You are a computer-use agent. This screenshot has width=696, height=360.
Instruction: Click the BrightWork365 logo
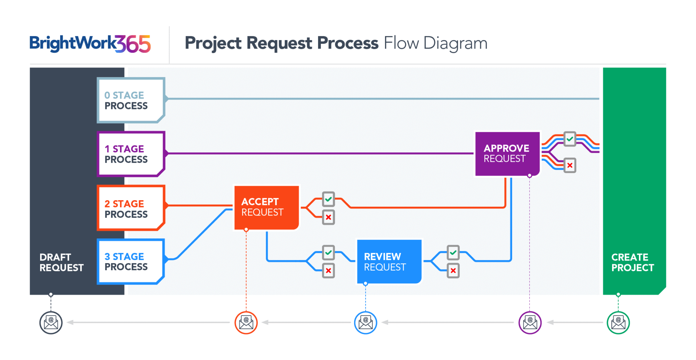(x=90, y=44)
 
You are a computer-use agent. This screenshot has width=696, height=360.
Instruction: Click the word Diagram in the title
(x=455, y=44)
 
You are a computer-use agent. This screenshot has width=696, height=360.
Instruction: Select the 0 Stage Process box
(x=130, y=100)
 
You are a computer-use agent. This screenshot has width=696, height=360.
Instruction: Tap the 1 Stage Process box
(x=130, y=154)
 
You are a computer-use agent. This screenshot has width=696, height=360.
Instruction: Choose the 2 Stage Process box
(x=130, y=208)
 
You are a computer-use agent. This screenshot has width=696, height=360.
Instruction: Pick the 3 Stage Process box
(x=130, y=261)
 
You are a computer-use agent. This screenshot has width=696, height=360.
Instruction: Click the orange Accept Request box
(x=266, y=207)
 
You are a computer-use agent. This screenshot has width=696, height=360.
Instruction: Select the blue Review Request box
(x=389, y=261)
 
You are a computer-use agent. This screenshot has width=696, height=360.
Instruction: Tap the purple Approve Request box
(x=507, y=154)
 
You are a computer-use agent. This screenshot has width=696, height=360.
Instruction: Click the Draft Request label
(x=61, y=262)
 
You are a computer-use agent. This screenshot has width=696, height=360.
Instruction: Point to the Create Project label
(x=632, y=262)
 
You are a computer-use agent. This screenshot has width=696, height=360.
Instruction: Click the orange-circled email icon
(x=246, y=323)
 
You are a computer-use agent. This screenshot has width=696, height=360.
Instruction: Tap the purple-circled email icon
(x=530, y=323)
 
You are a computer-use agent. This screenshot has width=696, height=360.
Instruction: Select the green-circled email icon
(x=618, y=323)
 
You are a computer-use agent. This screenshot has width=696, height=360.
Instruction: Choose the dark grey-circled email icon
(x=51, y=323)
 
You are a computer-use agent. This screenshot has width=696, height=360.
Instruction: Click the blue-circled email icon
(x=366, y=323)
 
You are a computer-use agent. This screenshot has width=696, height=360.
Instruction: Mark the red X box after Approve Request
(x=570, y=166)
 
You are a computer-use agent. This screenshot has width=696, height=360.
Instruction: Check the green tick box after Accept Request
(x=328, y=199)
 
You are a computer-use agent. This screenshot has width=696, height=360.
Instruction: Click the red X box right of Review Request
(x=453, y=271)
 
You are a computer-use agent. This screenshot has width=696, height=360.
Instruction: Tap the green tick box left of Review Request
(x=328, y=253)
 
